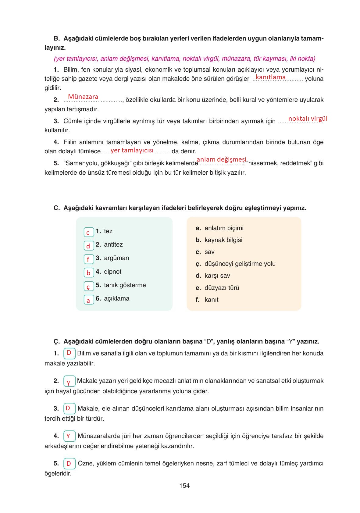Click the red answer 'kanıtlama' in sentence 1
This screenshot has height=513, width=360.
(x=271, y=77)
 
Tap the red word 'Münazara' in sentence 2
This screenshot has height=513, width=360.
(x=83, y=97)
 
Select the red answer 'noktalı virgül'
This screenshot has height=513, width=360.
(x=308, y=118)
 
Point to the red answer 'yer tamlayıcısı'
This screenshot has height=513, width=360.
(x=132, y=150)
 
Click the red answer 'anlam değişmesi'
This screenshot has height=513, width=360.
(x=221, y=159)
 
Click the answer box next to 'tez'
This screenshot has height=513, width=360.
(x=89, y=232)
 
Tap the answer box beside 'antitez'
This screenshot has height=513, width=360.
(x=89, y=246)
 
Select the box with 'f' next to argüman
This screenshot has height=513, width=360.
(x=89, y=259)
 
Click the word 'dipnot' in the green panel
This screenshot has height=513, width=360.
(x=112, y=272)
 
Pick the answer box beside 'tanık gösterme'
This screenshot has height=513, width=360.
(x=89, y=286)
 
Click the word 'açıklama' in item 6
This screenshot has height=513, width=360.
(x=116, y=298)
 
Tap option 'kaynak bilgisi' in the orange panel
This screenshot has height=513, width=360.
(x=223, y=240)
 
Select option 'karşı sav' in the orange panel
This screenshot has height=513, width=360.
(x=217, y=276)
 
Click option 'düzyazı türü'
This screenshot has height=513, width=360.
(x=222, y=288)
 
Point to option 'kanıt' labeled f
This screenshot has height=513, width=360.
(x=211, y=300)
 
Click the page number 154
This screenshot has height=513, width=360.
(x=184, y=486)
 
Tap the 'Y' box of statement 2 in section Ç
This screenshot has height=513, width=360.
(x=69, y=382)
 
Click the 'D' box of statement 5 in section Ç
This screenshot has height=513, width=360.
(x=69, y=464)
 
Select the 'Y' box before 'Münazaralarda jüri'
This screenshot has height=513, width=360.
(x=69, y=436)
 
